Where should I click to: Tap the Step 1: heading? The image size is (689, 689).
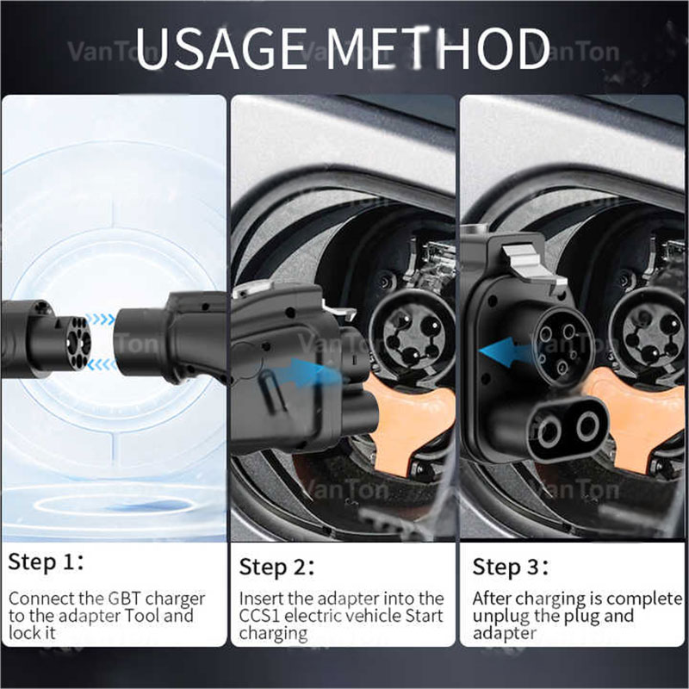tap(47, 562)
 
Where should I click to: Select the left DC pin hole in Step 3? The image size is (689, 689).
tap(543, 425)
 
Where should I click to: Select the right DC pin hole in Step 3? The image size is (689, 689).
tap(589, 425)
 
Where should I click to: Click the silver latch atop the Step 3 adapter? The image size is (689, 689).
tap(526, 258)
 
